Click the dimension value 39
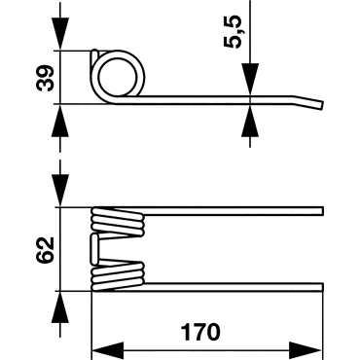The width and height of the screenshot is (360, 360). (45, 78)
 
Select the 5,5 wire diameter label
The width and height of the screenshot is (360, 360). (234, 32)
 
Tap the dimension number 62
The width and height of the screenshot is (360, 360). (45, 250)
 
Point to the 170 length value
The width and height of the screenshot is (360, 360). (200, 332)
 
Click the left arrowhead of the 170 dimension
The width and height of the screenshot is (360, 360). (108, 350)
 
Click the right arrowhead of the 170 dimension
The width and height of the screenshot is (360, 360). (306, 350)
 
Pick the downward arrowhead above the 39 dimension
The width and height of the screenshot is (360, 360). (60, 33)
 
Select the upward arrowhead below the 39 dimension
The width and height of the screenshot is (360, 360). (60, 121)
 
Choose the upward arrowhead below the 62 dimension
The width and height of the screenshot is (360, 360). (60, 306)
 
